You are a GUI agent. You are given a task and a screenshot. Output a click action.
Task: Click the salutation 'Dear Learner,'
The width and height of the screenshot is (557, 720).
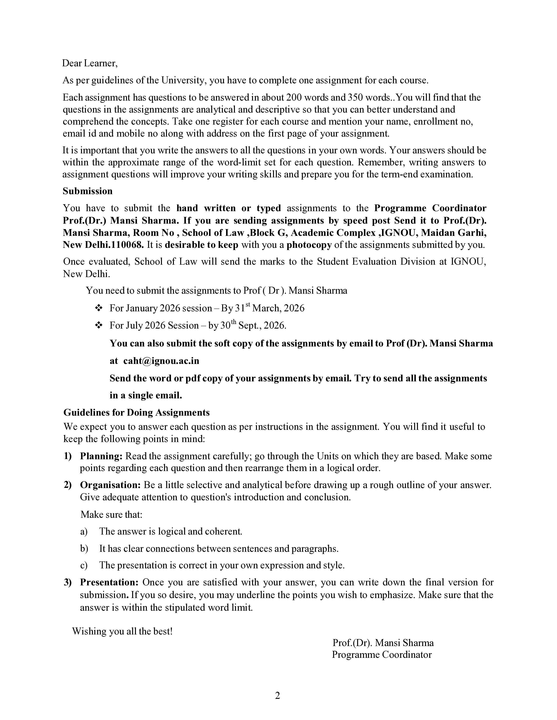pyautogui.click(x=90, y=63)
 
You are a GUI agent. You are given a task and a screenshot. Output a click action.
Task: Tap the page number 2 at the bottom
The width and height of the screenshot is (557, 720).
pyautogui.click(x=277, y=696)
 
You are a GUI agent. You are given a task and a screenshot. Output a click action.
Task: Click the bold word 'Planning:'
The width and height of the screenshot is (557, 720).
pyautogui.click(x=101, y=456)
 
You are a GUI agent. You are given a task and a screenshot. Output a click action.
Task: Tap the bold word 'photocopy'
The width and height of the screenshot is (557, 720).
pyautogui.click(x=309, y=245)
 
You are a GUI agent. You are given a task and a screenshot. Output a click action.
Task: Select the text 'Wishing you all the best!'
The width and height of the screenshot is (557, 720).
pyautogui.click(x=122, y=631)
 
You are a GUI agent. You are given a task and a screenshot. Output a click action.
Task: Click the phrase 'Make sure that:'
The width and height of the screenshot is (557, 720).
pyautogui.click(x=112, y=515)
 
